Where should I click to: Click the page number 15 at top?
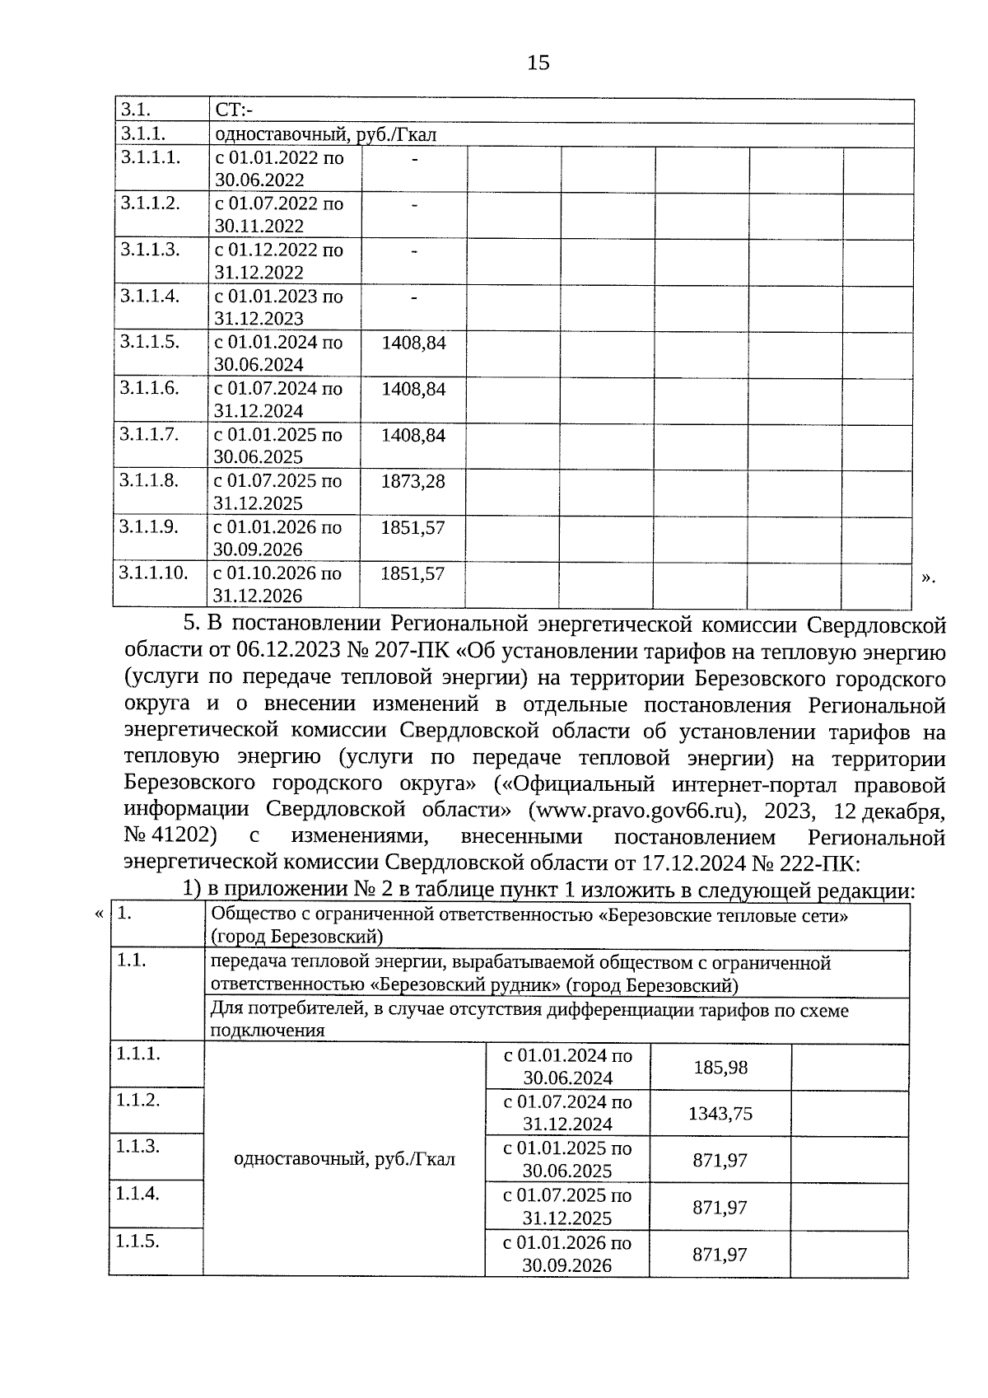click(538, 63)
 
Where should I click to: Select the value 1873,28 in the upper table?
click(412, 481)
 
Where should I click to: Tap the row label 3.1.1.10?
click(153, 573)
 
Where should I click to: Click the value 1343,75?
click(720, 1114)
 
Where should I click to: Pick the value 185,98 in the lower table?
click(720, 1068)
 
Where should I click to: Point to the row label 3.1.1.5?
click(149, 342)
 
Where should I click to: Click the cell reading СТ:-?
click(234, 110)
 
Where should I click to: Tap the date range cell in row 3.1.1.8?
click(278, 492)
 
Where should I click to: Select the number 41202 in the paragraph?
click(188, 837)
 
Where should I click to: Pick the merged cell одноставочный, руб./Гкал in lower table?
click(344, 1160)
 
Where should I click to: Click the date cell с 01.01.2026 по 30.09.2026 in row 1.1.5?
click(567, 1254)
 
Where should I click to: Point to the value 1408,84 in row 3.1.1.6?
click(412, 389)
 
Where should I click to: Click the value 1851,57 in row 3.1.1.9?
click(412, 527)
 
